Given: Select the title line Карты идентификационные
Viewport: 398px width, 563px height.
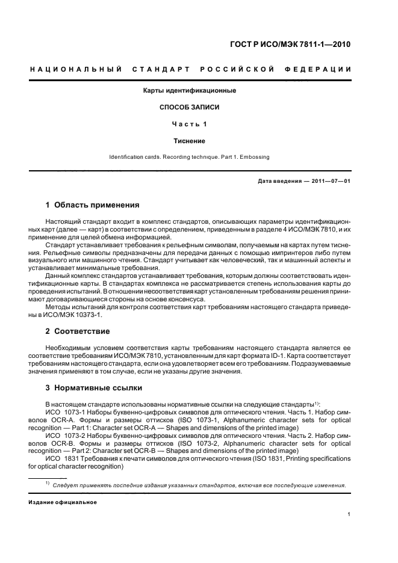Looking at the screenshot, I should point(189,91).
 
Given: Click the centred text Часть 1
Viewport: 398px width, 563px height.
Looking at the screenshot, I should point(189,124).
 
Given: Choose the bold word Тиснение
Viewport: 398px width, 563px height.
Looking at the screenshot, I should point(189,141).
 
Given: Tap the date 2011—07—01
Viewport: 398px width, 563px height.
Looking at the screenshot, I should point(330,181).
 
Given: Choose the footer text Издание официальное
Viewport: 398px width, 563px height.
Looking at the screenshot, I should point(63,502).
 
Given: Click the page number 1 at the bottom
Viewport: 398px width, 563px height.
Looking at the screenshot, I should point(349,514).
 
